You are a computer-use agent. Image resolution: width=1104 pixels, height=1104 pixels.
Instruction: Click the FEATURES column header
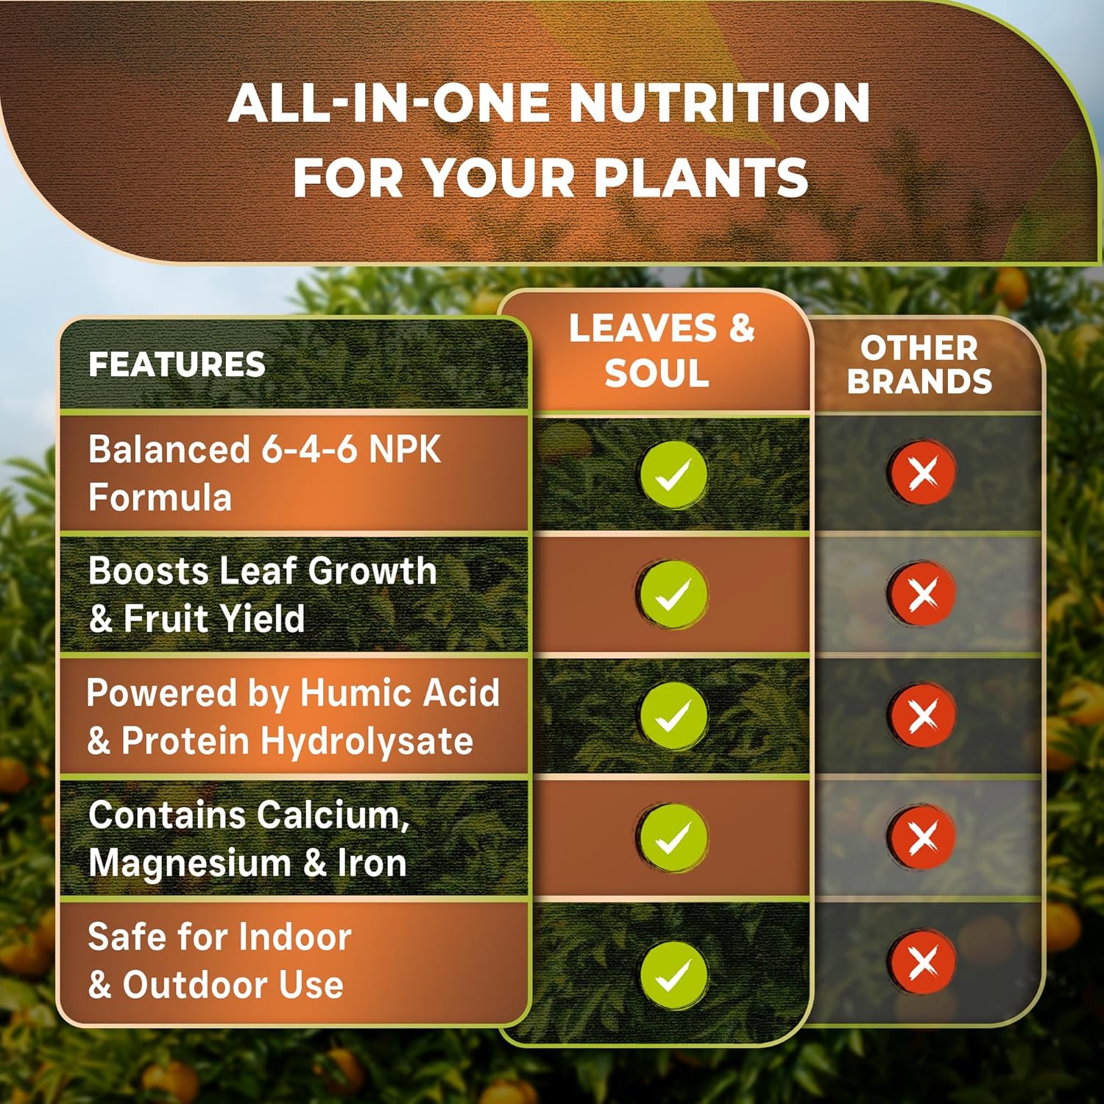177,364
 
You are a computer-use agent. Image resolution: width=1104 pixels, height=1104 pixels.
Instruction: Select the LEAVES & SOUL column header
661,350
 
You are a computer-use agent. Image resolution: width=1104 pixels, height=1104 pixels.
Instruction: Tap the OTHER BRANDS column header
919,365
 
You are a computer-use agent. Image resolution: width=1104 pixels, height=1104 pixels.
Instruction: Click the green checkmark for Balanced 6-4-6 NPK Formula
673,475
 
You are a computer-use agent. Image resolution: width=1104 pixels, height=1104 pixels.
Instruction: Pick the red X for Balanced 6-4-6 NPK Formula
922,472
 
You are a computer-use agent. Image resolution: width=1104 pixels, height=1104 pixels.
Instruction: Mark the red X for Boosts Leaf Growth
922,594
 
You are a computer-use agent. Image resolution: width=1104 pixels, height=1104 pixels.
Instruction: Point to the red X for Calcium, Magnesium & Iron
922,837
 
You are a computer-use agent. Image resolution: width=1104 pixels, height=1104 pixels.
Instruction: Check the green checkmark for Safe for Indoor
673,974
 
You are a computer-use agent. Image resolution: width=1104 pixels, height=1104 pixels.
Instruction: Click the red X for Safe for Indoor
922,961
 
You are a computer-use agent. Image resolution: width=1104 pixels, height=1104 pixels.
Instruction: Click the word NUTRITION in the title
720,102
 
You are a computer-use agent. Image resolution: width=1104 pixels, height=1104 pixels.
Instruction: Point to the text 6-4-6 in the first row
310,449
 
